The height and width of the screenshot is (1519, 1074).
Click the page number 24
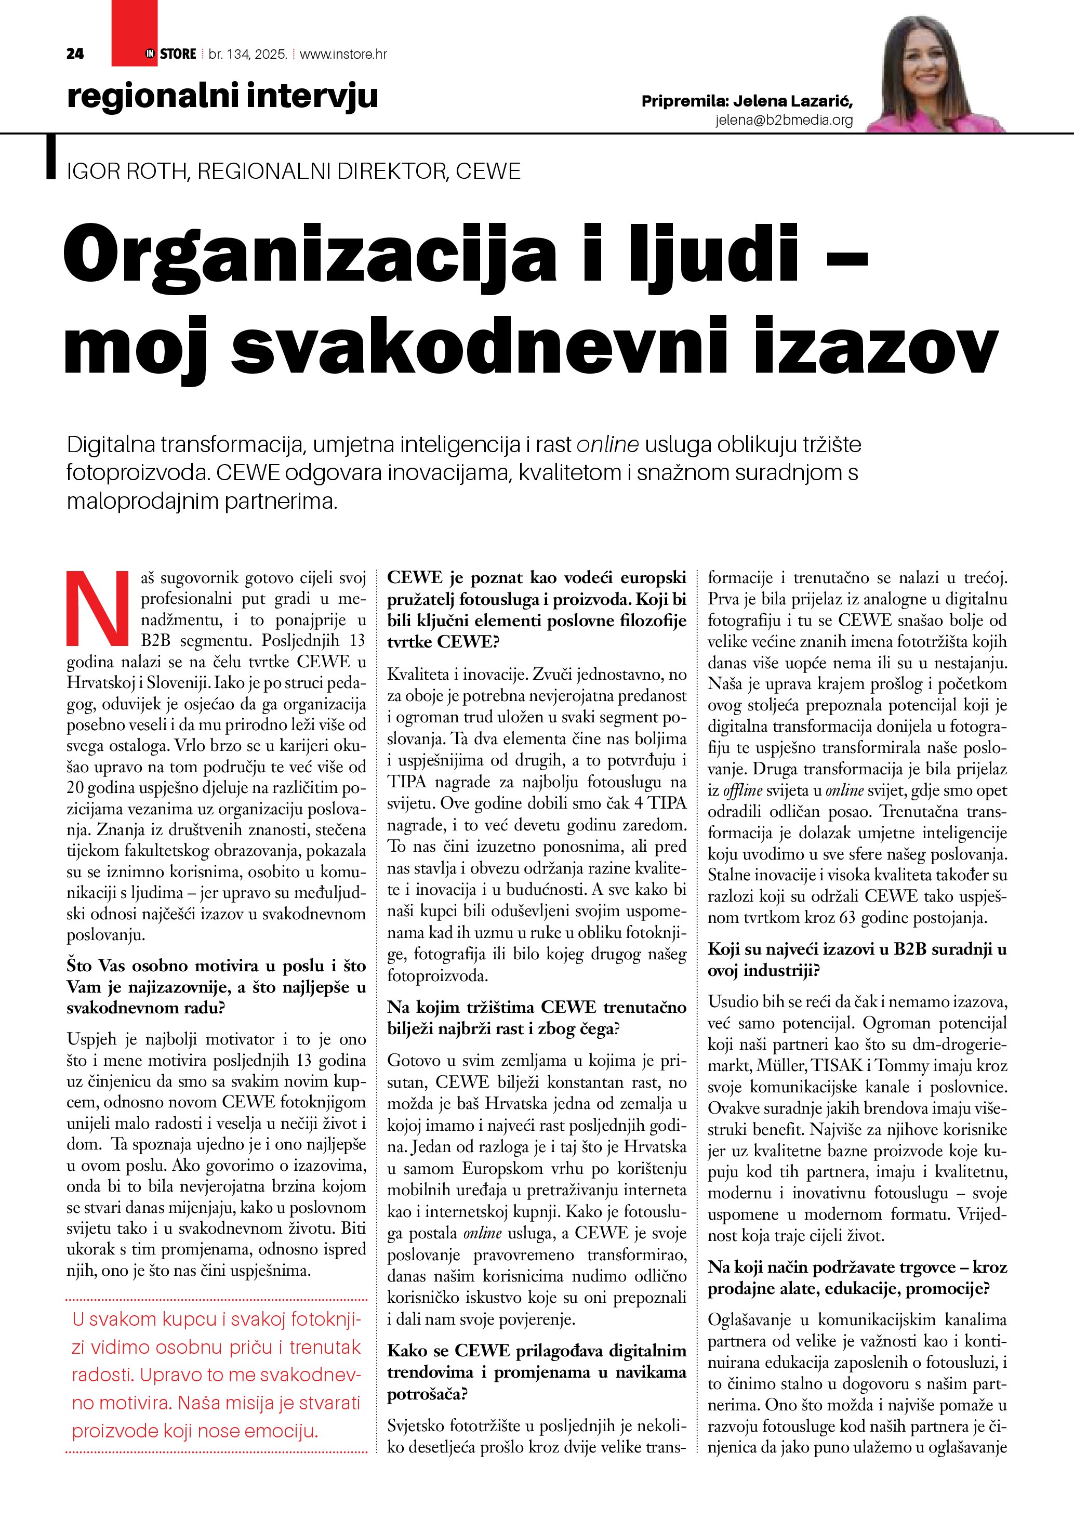75,54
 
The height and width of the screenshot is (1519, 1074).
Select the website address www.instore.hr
343,54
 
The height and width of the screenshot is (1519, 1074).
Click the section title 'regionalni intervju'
222,96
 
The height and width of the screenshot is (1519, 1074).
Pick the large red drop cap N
98,608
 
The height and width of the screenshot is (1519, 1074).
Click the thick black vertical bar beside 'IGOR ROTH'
50,157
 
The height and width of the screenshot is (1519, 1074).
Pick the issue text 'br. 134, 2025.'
248,54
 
